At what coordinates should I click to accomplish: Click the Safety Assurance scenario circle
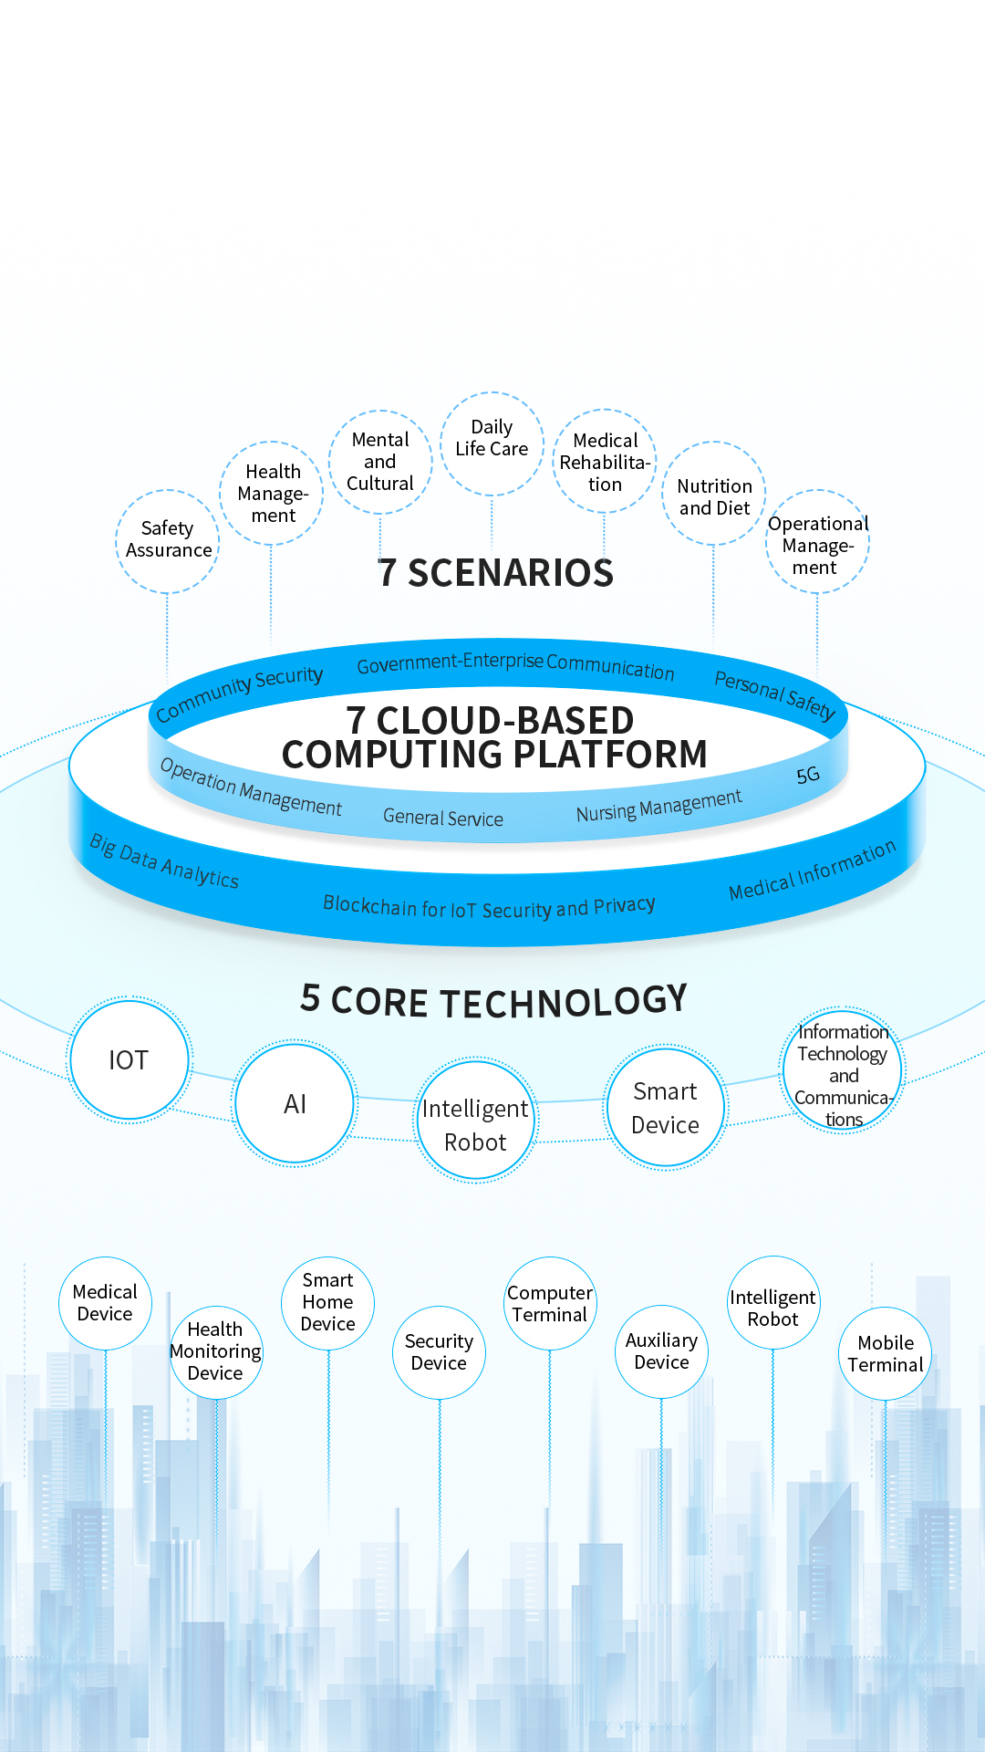pyautogui.click(x=168, y=540)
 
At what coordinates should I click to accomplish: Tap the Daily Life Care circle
pyautogui.click(x=492, y=439)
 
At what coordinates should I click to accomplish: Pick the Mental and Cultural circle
pyautogui.click(x=380, y=462)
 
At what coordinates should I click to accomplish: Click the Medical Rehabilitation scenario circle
pyautogui.click(x=605, y=463)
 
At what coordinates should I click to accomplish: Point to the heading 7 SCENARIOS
pyautogui.click(x=495, y=573)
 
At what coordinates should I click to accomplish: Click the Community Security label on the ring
pyautogui.click(x=239, y=693)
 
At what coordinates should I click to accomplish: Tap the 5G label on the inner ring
pyautogui.click(x=808, y=776)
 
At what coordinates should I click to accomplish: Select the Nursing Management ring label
pyautogui.click(x=658, y=807)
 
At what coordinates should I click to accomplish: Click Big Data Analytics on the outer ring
pyautogui.click(x=164, y=861)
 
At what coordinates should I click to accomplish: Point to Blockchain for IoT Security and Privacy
pyautogui.click(x=489, y=907)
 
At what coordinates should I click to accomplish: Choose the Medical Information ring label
pyautogui.click(x=812, y=871)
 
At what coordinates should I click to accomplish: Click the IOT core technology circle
pyautogui.click(x=130, y=1060)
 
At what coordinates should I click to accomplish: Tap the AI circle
pyautogui.click(x=295, y=1104)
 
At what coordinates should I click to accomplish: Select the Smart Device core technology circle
pyautogui.click(x=666, y=1108)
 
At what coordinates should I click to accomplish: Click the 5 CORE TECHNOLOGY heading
pyautogui.click(x=493, y=1001)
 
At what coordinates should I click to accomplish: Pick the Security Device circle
pyautogui.click(x=439, y=1352)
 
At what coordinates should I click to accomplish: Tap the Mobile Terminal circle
pyautogui.click(x=885, y=1354)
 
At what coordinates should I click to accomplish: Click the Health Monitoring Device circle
pyautogui.click(x=216, y=1351)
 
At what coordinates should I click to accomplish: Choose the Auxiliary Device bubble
pyautogui.click(x=661, y=1351)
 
